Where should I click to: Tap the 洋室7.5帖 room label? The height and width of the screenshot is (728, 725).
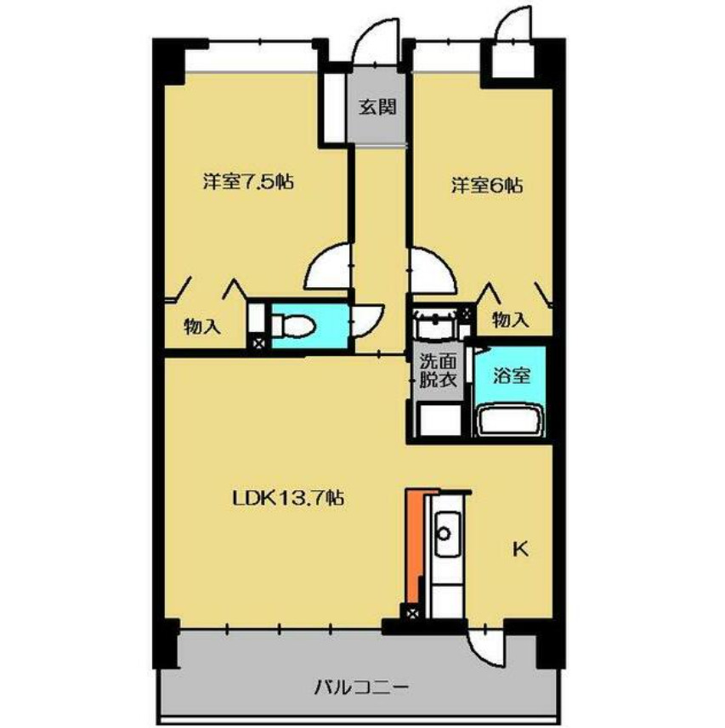(x=248, y=181)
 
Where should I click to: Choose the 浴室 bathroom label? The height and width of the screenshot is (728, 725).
(x=513, y=374)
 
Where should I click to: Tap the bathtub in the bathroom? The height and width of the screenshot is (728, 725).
(x=510, y=420)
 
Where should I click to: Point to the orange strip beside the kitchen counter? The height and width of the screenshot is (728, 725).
(x=412, y=544)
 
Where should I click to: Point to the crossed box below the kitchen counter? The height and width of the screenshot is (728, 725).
(x=413, y=613)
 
